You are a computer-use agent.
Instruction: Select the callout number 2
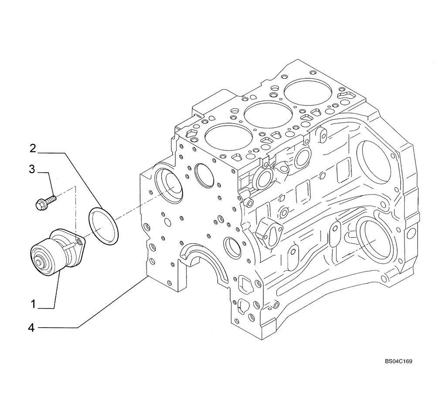pyautogui.click(x=33, y=149)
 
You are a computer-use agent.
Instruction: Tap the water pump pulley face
pyautogui.click(x=44, y=259)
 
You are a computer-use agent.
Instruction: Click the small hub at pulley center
pyautogui.click(x=44, y=263)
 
